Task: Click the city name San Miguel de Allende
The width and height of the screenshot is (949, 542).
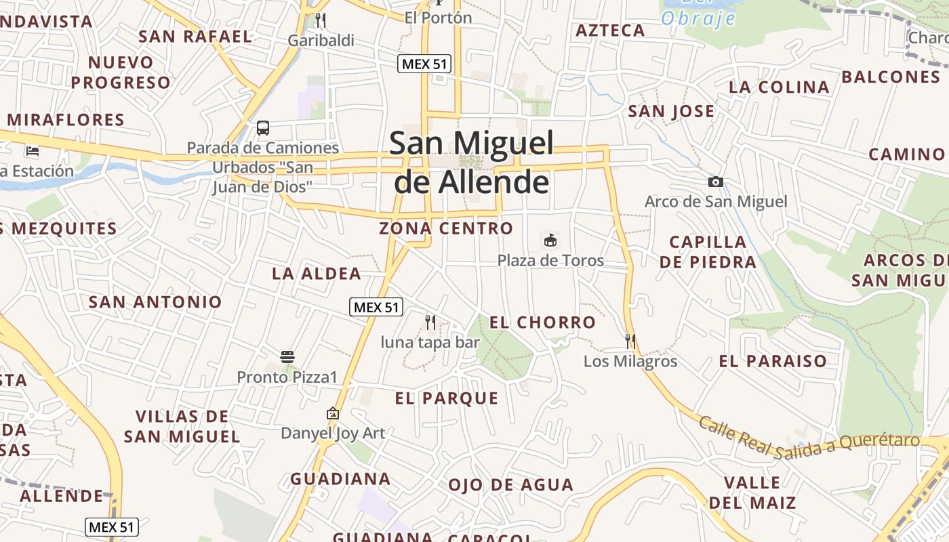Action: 472,163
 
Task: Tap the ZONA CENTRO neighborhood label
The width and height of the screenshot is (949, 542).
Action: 446,228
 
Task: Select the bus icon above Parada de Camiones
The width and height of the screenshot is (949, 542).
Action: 263,127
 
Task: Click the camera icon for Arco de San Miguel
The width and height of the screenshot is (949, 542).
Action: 715,182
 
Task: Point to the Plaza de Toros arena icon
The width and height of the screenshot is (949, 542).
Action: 550,241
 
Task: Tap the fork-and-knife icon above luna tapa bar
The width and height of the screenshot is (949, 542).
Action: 430,322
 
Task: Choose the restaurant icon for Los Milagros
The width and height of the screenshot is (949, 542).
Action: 630,341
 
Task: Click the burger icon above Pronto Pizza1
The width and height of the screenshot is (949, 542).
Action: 287,356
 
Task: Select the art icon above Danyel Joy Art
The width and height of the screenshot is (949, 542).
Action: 333,413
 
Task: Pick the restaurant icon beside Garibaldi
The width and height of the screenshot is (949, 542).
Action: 321,20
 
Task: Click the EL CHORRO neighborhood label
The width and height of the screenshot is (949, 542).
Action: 542,322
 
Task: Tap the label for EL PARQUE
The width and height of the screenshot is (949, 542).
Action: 447,398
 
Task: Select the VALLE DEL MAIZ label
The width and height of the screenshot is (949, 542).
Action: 752,493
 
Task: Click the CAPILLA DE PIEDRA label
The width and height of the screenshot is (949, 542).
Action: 708,252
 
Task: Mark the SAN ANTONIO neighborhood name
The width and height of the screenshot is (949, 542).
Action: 155,302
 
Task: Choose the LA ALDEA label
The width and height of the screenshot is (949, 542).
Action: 317,274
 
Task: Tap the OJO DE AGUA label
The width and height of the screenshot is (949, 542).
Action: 510,485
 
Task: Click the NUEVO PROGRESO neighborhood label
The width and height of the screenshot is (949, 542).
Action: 121,72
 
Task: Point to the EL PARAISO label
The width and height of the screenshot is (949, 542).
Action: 773,361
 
